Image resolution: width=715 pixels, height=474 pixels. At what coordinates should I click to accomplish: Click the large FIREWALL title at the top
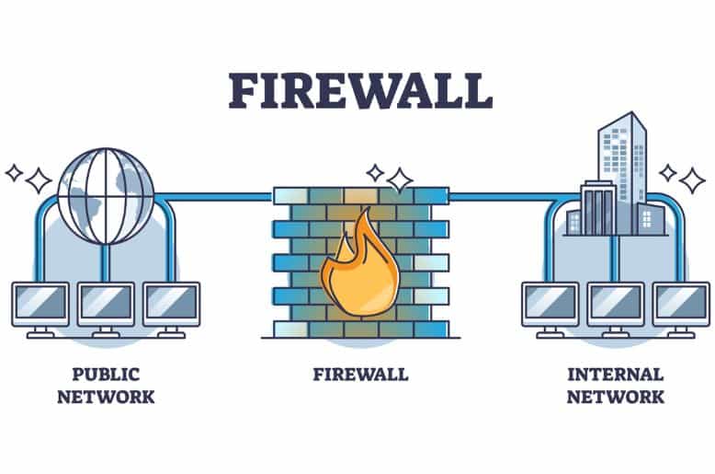(x=360, y=90)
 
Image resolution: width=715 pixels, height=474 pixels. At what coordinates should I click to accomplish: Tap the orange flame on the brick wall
(x=359, y=267)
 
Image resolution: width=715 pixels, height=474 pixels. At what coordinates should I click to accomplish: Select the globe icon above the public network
(x=106, y=196)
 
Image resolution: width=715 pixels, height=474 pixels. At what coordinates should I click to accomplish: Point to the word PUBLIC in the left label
(x=106, y=375)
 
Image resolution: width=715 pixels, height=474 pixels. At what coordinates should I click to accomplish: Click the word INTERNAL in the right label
(x=615, y=375)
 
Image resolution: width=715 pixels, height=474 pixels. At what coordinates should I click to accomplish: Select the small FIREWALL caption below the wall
(x=360, y=375)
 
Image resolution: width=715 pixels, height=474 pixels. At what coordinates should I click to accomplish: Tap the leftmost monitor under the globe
(x=40, y=309)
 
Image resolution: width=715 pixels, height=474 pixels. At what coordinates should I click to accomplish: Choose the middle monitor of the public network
(x=106, y=309)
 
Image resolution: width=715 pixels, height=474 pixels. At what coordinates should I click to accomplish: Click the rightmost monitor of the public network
(x=172, y=309)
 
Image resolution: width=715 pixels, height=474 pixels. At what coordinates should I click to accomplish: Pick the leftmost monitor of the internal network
(x=550, y=309)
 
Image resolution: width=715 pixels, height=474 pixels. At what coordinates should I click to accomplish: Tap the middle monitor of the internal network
(x=616, y=309)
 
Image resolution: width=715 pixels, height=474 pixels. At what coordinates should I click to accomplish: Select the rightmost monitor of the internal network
(x=681, y=309)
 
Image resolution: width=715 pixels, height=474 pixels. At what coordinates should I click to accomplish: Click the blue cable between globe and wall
(x=213, y=197)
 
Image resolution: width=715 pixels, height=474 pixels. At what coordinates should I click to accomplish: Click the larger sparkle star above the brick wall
(x=400, y=180)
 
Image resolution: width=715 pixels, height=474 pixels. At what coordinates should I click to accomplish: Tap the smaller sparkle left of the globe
(x=14, y=173)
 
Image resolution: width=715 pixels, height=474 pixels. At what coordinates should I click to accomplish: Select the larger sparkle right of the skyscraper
(x=692, y=180)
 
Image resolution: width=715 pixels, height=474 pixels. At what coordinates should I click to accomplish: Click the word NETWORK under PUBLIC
(x=106, y=397)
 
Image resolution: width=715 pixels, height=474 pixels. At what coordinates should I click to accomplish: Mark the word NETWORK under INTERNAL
(x=615, y=397)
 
